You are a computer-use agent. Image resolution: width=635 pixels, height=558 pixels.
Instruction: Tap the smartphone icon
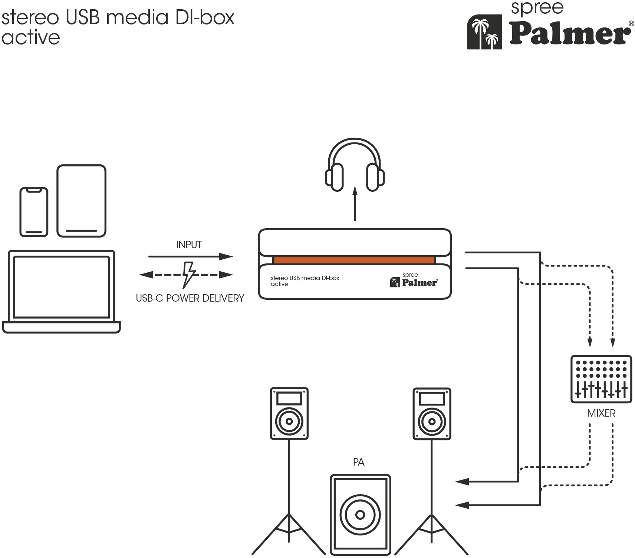pyautogui.click(x=34, y=212)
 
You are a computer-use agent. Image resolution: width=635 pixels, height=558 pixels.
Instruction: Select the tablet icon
pyautogui.click(x=82, y=201)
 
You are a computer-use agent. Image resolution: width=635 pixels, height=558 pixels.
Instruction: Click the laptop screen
pyautogui.click(x=62, y=287)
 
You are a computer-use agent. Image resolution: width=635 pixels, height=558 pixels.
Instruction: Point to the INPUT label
pyautogui.click(x=189, y=245)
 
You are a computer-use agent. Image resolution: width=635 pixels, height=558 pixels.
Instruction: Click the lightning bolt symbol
pyautogui.click(x=189, y=275)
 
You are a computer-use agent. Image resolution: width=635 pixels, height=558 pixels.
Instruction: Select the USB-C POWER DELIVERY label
pyautogui.click(x=190, y=298)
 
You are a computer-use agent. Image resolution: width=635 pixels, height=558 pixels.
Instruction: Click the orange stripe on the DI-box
pyautogui.click(x=354, y=260)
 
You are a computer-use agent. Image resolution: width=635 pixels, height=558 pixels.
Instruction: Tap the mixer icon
pyautogui.click(x=601, y=379)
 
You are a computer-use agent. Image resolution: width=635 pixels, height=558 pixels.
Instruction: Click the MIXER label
pyautogui.click(x=601, y=413)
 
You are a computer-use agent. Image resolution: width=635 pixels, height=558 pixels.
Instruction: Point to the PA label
pyautogui.click(x=359, y=462)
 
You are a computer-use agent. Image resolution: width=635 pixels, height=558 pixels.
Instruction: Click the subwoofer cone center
pyautogui.click(x=360, y=515)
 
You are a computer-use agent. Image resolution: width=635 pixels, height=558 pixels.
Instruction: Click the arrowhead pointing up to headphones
pyautogui.click(x=355, y=190)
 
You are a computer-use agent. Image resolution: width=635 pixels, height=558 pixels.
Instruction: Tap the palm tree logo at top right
pyautogui.click(x=484, y=32)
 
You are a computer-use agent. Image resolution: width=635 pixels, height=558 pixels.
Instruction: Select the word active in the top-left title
pyautogui.click(x=30, y=37)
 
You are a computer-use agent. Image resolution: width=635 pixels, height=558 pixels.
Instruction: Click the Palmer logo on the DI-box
pyautogui.click(x=414, y=280)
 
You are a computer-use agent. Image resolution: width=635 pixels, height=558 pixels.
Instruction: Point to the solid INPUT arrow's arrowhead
pyautogui.click(x=226, y=256)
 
